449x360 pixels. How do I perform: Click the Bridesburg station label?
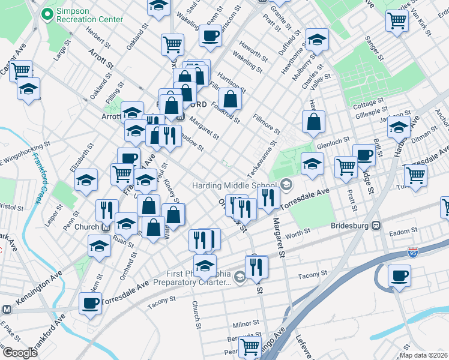[351, 226]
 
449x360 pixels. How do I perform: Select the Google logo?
[20, 352]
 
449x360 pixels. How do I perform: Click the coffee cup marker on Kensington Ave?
[90, 304]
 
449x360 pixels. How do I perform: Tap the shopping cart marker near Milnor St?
[250, 346]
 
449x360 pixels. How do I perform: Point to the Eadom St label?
[403, 231]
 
